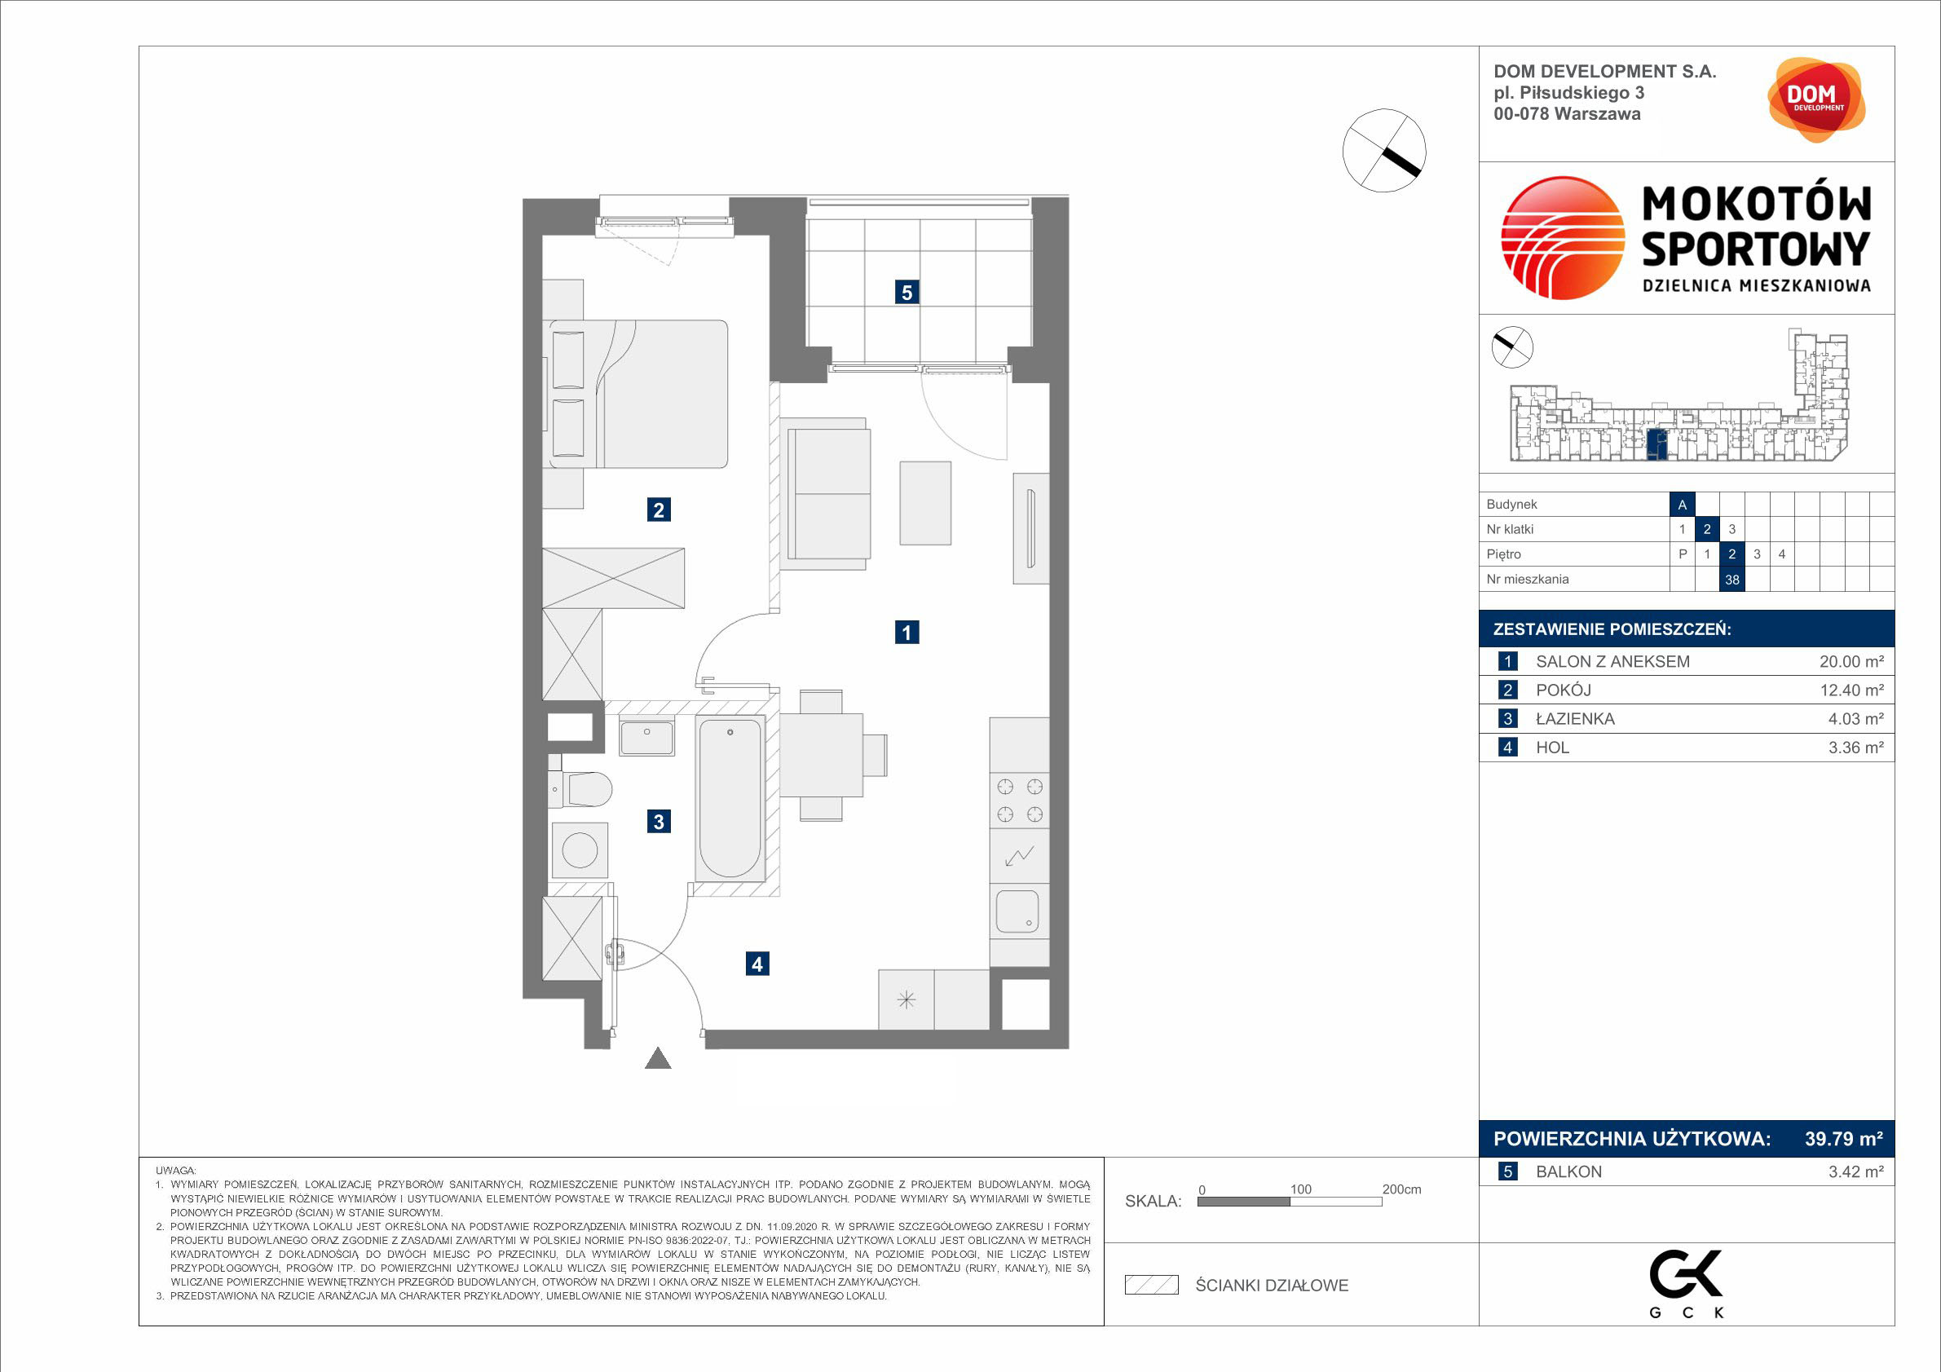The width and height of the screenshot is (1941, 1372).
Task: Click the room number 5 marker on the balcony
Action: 907,293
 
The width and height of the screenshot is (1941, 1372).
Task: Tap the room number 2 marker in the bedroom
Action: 659,510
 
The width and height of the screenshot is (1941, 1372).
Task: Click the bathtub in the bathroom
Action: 730,798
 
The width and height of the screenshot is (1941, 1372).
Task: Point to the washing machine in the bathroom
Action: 579,850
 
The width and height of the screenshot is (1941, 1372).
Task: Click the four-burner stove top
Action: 1020,801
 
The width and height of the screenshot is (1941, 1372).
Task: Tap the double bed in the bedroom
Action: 638,393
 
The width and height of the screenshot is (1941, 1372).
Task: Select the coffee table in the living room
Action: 926,503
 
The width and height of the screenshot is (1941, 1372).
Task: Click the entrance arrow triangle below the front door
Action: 658,1058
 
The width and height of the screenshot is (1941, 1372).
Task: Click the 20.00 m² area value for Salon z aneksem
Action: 1851,662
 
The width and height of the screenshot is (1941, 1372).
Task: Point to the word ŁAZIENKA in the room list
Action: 1575,719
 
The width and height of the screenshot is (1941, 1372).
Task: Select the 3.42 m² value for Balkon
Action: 1855,1171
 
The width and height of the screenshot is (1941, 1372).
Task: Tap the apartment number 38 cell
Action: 1732,579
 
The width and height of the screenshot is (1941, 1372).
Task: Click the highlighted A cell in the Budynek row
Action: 1683,505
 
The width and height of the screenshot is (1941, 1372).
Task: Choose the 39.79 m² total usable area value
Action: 1844,1139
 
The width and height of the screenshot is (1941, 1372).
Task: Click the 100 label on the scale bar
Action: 1300,1189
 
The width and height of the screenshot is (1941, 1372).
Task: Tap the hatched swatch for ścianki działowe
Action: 1151,1285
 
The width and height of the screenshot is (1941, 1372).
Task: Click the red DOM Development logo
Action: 1816,99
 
